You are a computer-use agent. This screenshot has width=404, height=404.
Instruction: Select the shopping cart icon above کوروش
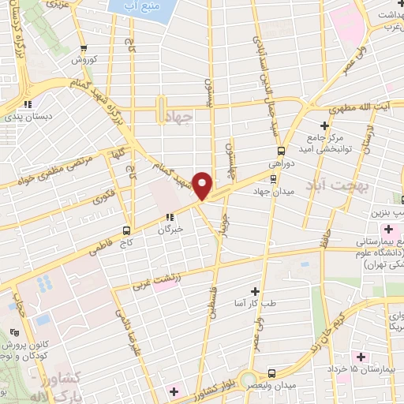click(x=84, y=47)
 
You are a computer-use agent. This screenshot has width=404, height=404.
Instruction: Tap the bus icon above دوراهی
click(x=281, y=151)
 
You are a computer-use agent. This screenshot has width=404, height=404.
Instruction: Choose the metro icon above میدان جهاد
click(x=272, y=178)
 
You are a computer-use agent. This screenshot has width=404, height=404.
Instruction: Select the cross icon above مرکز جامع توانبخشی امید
click(x=324, y=125)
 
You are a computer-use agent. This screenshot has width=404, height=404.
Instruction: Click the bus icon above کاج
click(x=126, y=230)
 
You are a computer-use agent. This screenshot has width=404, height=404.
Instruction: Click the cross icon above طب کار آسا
click(x=254, y=291)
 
